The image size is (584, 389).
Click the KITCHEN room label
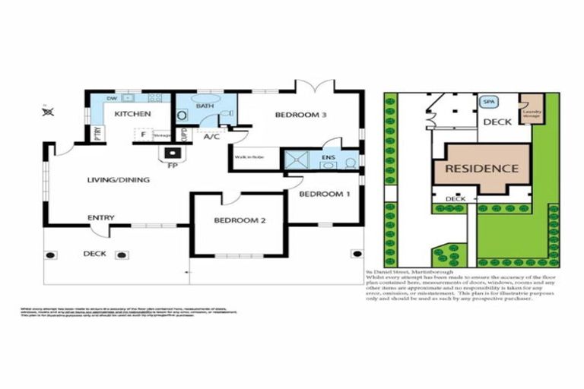[132, 114]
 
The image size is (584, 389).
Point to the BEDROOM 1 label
[324, 194]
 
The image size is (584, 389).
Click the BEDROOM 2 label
[239, 220]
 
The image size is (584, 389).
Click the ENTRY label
[100, 217]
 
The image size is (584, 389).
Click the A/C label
[212, 137]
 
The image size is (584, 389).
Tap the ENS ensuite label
[329, 157]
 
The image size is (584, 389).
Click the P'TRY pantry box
[97, 134]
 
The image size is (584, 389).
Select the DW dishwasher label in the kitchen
[111, 98]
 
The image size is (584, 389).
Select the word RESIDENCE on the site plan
[481, 168]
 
